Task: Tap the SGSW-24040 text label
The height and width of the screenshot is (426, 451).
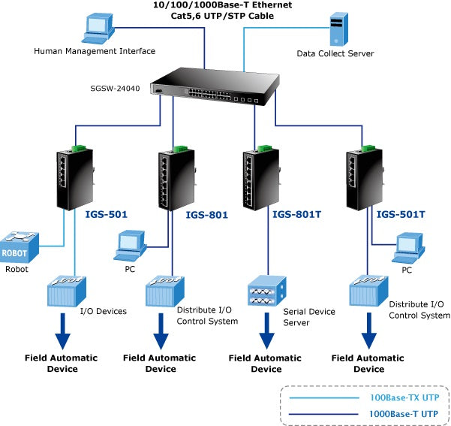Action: point(115,88)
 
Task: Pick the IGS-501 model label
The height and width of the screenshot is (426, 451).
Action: point(106,214)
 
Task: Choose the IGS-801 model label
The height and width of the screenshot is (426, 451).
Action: point(207,214)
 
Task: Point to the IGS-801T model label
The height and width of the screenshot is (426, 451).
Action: point(296,214)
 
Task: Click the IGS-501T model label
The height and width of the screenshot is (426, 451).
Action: point(401,214)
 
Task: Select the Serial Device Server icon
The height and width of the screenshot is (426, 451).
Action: point(266,292)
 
